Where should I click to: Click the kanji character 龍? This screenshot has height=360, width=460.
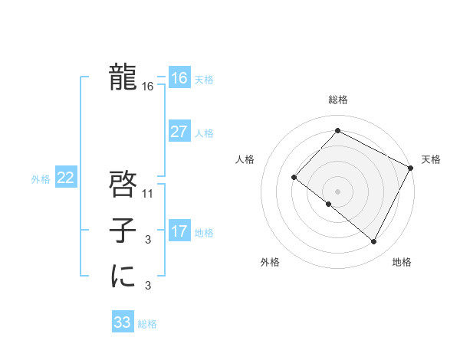(123, 77)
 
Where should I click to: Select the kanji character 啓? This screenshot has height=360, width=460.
(123, 183)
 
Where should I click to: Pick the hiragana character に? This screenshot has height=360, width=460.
(123, 276)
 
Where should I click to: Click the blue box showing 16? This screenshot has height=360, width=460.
(179, 78)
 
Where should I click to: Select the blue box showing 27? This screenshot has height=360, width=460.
(179, 132)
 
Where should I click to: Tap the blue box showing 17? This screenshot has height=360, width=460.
(179, 231)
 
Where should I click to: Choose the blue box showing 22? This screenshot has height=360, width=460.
(65, 178)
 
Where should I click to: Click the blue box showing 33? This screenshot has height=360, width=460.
(123, 322)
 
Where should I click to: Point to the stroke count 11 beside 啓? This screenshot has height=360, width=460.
(148, 194)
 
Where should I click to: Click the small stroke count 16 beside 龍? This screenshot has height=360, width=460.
(148, 87)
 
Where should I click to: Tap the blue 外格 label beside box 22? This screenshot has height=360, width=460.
(41, 179)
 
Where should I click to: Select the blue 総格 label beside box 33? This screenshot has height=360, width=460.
(147, 323)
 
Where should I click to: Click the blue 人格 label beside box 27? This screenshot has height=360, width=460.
(204, 133)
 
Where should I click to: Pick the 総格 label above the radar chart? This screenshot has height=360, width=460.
(337, 100)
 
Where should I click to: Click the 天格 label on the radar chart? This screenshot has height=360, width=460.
(431, 159)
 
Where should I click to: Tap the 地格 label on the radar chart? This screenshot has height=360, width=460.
(402, 263)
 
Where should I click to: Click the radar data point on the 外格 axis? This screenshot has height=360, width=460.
(328, 204)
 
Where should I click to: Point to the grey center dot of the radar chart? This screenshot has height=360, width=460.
(337, 191)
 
